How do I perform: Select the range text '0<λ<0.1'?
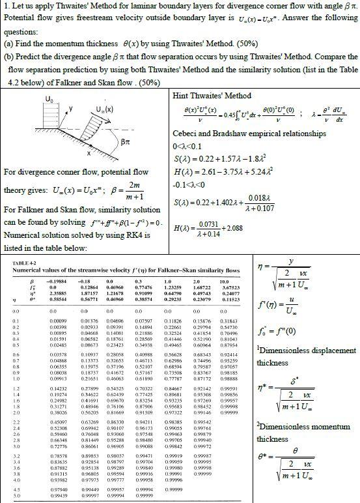click(x=190, y=147)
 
